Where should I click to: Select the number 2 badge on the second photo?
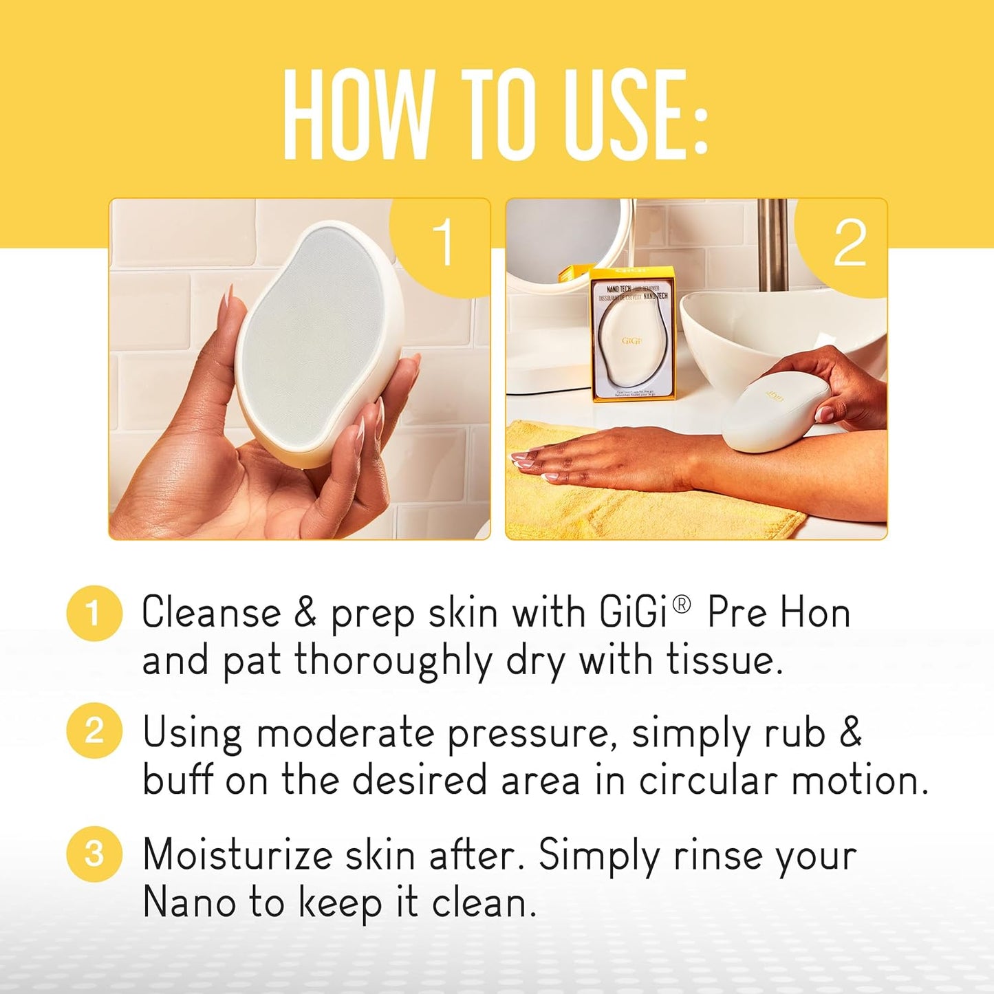click(849, 244)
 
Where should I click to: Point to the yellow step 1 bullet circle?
click(94, 613)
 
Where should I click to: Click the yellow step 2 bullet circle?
click(94, 731)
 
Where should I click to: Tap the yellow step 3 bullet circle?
click(94, 854)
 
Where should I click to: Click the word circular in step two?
click(708, 781)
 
